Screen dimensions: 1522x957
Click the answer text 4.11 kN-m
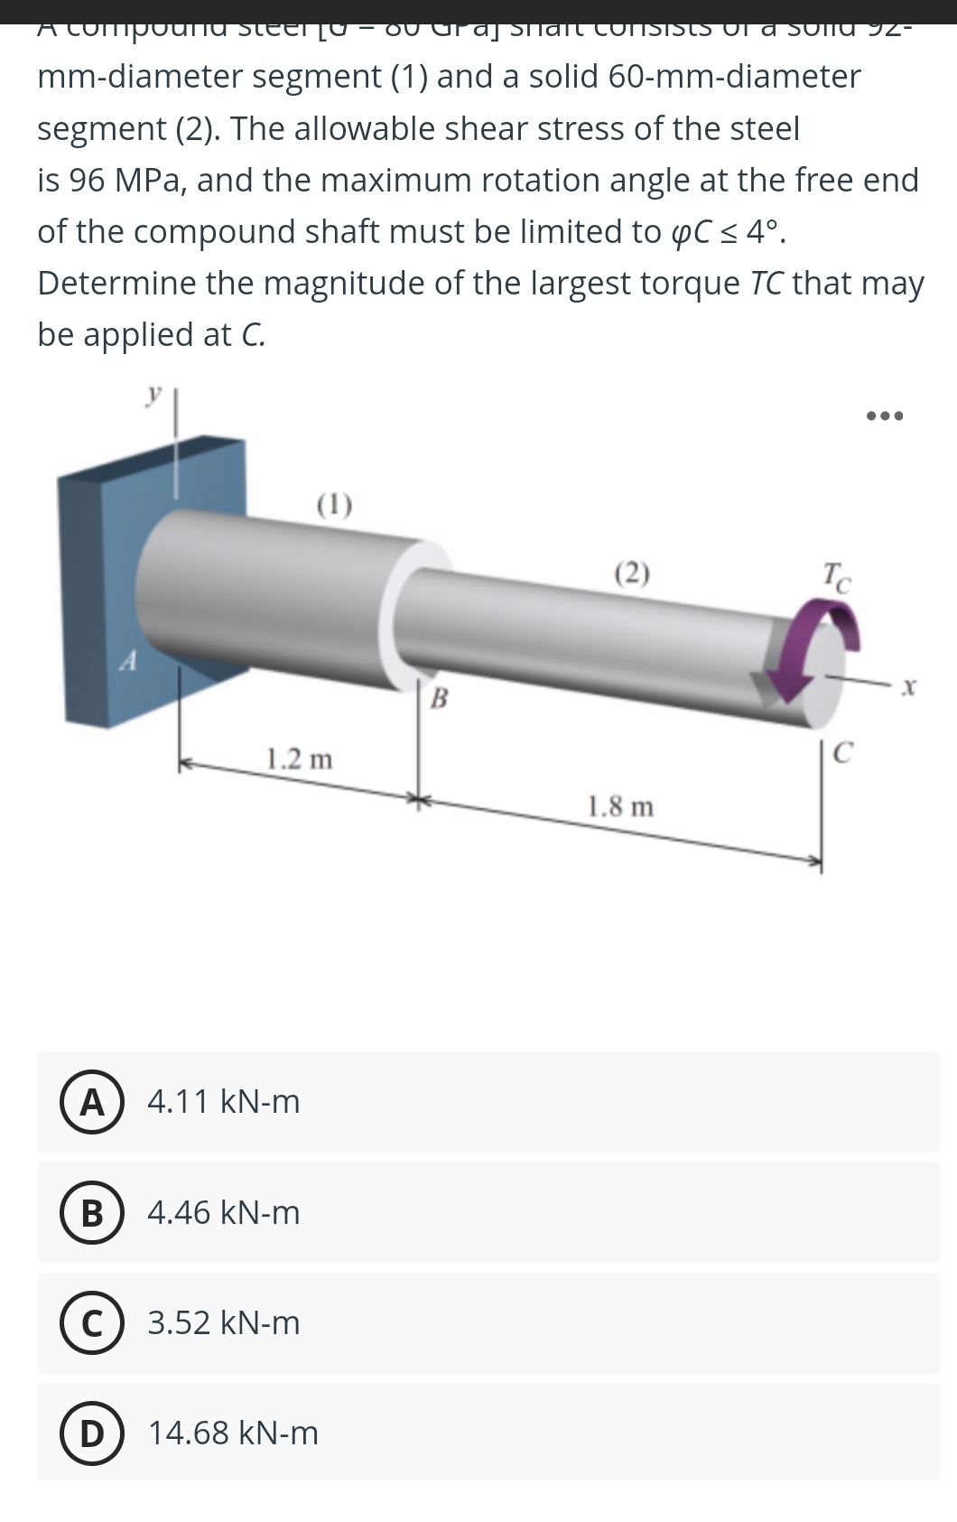point(223,1102)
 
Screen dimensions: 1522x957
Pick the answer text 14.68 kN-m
point(233,1433)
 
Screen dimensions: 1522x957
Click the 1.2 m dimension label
point(299,759)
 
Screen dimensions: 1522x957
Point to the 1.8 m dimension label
point(620,806)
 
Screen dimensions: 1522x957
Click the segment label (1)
point(335,504)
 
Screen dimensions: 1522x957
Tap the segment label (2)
point(632,573)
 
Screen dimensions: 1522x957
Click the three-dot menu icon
point(884,416)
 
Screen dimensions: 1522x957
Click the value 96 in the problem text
point(87,180)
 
